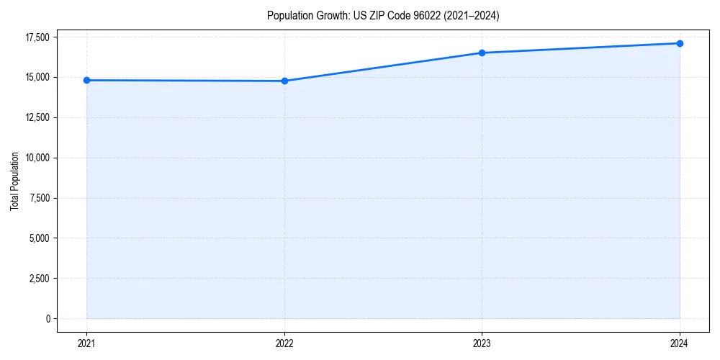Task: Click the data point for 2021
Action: (x=86, y=80)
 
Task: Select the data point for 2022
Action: (x=284, y=81)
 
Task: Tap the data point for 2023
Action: (x=482, y=53)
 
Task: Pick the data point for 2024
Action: (x=680, y=43)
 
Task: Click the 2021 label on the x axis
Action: (x=86, y=343)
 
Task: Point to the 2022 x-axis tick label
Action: (x=284, y=343)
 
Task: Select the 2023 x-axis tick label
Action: (x=482, y=343)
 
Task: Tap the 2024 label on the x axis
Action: (x=680, y=343)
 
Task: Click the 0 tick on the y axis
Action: (x=47, y=318)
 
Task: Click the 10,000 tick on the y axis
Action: (x=37, y=158)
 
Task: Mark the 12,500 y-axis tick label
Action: (x=37, y=117)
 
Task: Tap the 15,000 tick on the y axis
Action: (x=37, y=77)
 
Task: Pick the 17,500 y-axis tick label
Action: (x=37, y=37)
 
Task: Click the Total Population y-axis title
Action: (x=15, y=181)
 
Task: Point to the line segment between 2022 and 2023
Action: (x=383, y=67)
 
